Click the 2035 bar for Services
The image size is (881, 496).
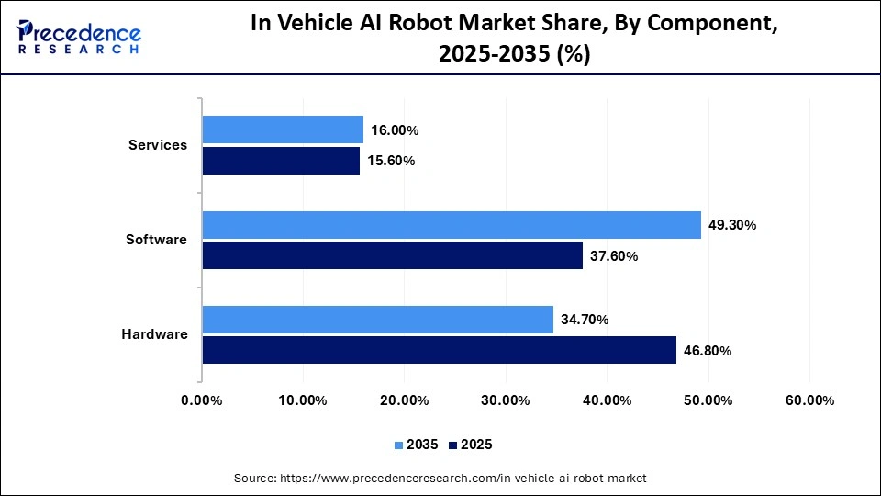point(283,130)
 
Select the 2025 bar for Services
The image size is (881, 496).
point(281,161)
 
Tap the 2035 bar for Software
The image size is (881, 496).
point(452,225)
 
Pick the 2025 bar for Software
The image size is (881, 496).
point(393,255)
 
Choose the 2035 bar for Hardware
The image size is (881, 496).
point(378,320)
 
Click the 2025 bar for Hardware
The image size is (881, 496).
point(439,350)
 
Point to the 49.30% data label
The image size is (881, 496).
point(732,225)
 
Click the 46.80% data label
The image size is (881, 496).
point(708,351)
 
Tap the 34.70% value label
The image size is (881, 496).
point(585,320)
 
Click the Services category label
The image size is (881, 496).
point(158,145)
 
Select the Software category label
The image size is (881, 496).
point(156,240)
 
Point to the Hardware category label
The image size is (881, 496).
point(154,334)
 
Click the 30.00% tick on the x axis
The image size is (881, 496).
point(505,400)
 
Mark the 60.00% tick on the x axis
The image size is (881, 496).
point(809,400)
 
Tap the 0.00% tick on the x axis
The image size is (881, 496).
point(202,400)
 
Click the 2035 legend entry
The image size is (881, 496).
point(416,445)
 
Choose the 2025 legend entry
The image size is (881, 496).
point(471,445)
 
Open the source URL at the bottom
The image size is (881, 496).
point(440,478)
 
